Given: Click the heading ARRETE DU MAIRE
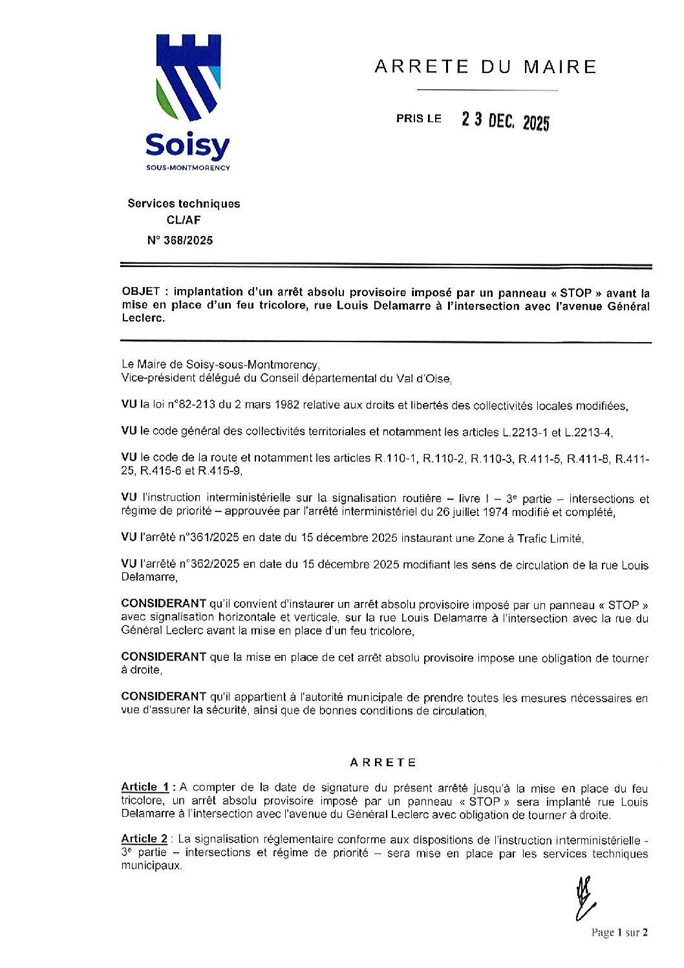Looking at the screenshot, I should pos(485,67).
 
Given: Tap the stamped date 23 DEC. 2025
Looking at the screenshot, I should pos(505,120).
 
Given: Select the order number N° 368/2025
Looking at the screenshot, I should pos(180,241).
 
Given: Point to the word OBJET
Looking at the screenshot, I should pos(140,292).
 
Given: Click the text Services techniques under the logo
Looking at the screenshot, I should pos(184,204).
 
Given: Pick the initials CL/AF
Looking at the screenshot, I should pos(184,220).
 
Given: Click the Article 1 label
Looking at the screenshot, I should pos(145,787).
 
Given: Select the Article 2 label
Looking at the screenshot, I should pos(144,839).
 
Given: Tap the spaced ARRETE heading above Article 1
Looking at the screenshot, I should pos(383,762).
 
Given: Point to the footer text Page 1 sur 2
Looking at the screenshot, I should pos(619,932).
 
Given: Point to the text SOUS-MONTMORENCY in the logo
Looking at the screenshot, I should pos(187,168).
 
